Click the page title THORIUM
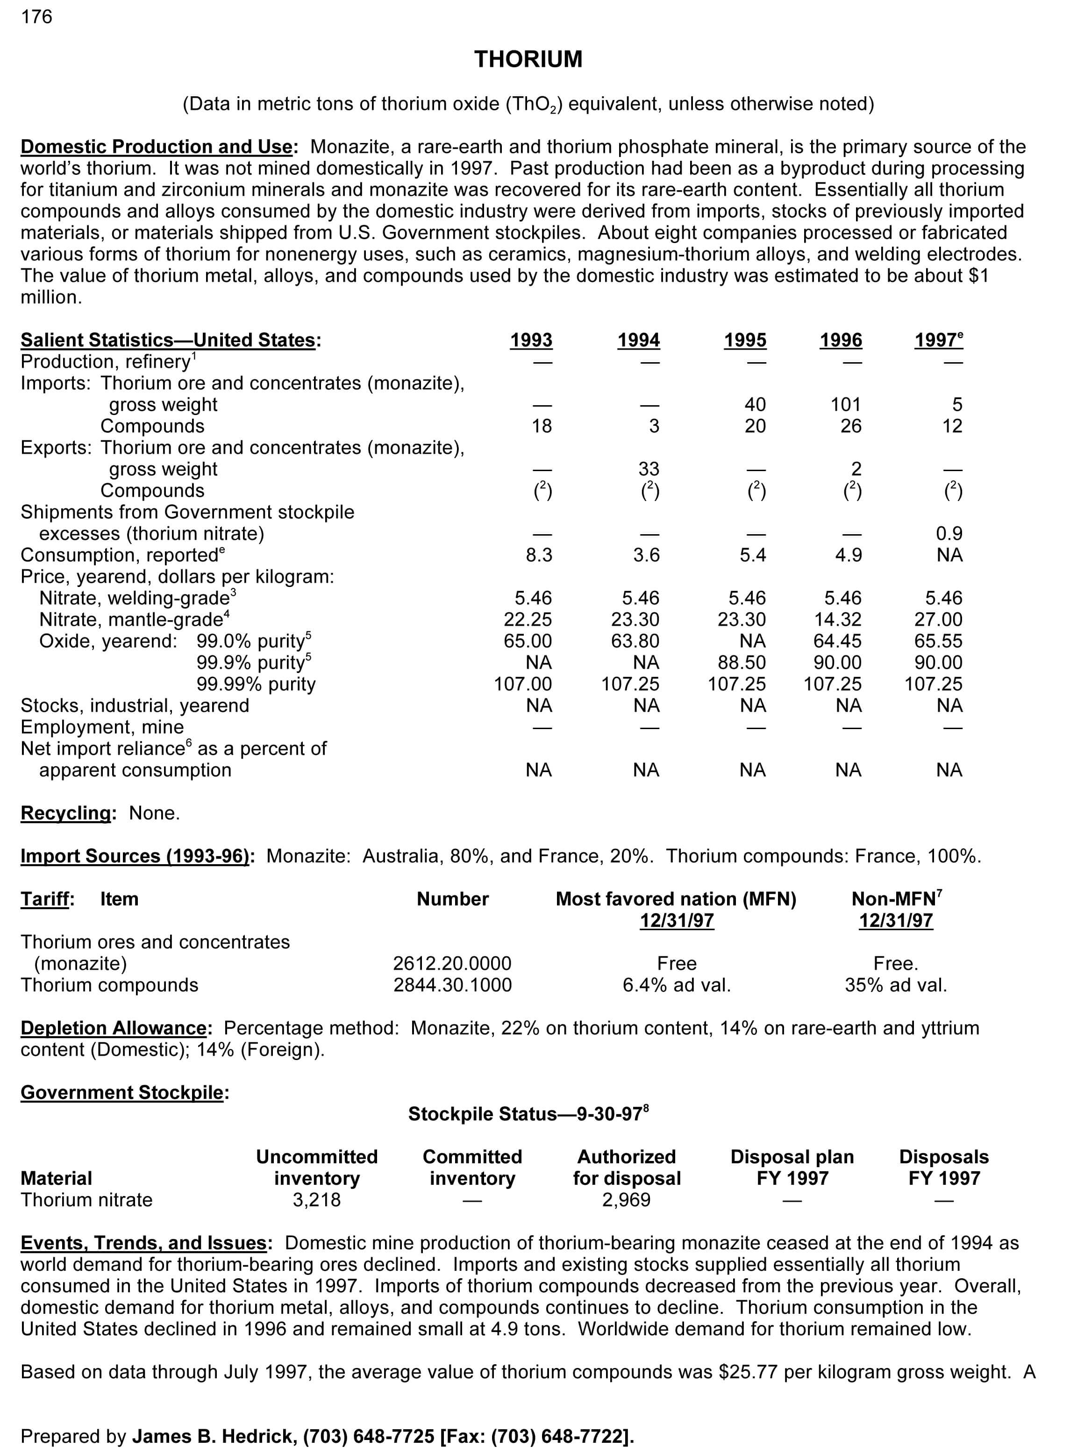528,60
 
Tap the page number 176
36,17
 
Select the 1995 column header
745,340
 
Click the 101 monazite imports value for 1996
845,405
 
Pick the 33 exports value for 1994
649,469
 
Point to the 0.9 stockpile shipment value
949,534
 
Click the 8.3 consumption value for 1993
539,555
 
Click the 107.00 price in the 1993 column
523,684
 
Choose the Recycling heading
65,813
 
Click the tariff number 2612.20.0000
452,964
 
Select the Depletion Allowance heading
114,1028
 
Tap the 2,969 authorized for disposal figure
626,1200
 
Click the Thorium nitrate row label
86,1200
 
